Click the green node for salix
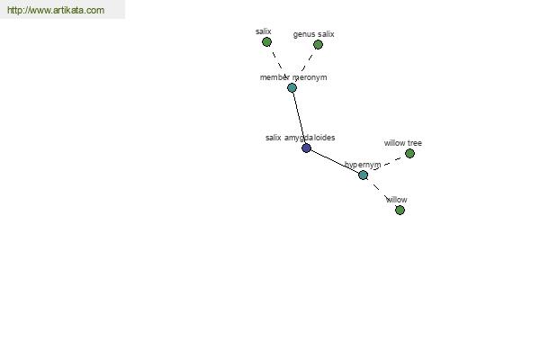pos(266,42)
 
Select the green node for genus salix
pos(318,44)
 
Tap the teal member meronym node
pos(292,88)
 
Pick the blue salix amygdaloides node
pos(307,148)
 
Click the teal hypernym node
pos(363,175)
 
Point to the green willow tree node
pos(409,154)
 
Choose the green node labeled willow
pos(400,210)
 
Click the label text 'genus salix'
pos(314,34)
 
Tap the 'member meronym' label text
pos(293,77)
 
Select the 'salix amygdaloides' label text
pos(301,138)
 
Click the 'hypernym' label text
pos(363,165)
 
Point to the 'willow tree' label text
pos(403,143)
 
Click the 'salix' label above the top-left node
pos(264,31)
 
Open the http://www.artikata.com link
pos(56,10)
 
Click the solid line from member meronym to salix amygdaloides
pos(300,118)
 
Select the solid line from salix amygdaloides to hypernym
pos(335,162)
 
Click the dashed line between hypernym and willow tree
pos(387,164)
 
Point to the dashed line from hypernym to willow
pos(379,190)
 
